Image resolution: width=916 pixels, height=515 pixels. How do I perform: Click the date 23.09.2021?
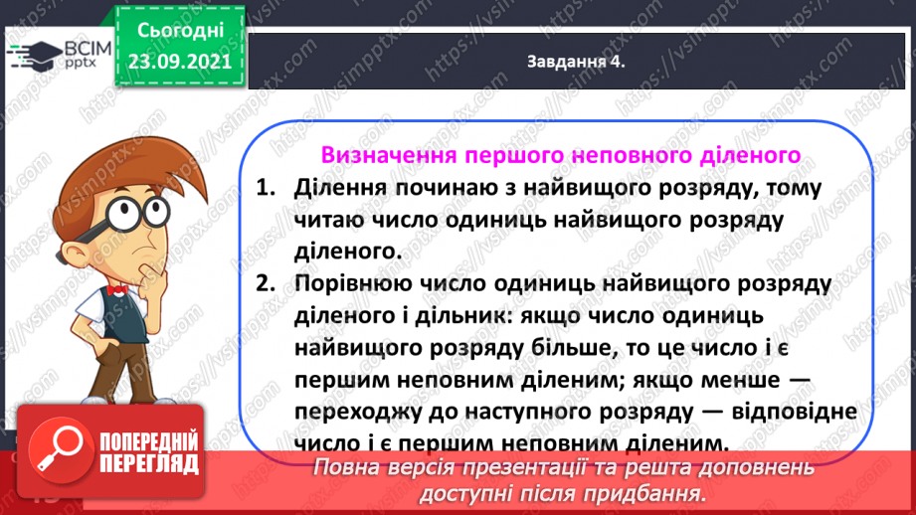click(x=179, y=61)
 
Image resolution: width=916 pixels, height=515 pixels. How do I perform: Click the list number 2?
click(x=263, y=283)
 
